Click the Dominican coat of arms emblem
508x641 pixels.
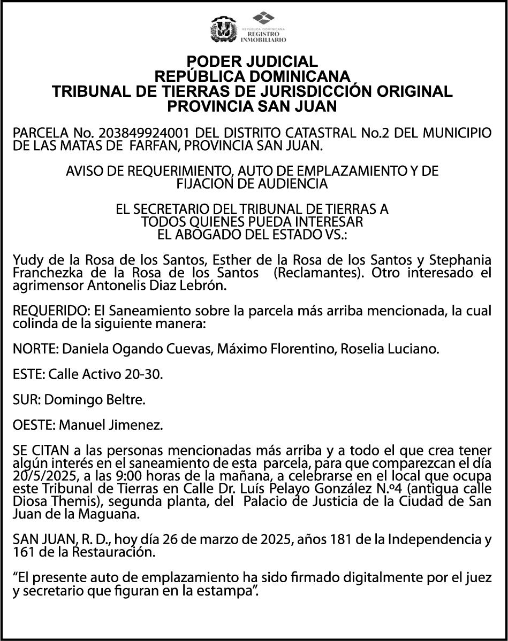click(x=223, y=29)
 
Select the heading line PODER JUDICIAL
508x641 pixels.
click(x=252, y=61)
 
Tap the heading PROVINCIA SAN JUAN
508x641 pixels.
click(x=252, y=106)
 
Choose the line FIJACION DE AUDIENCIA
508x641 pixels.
click(x=252, y=184)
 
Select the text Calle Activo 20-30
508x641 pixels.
click(x=105, y=375)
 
